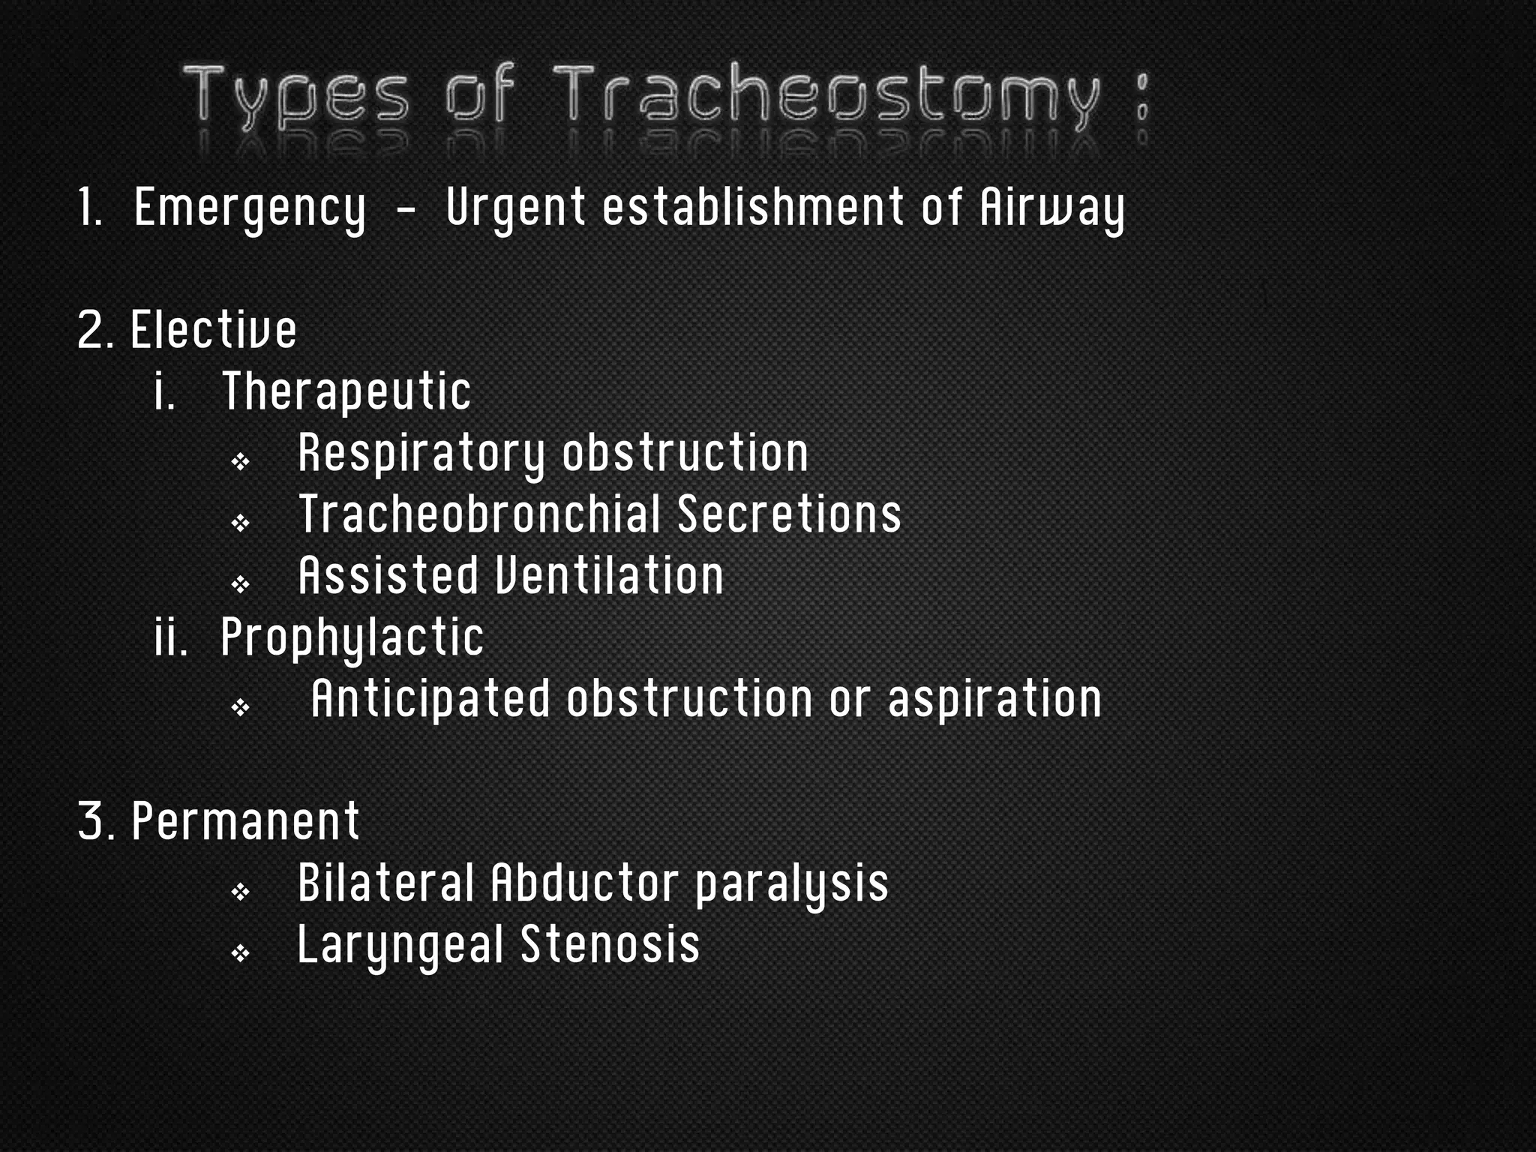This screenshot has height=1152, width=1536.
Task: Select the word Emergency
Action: pyautogui.click(x=250, y=208)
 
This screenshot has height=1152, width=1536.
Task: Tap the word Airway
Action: pyautogui.click(x=1052, y=208)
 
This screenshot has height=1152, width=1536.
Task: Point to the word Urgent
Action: pyautogui.click(x=515, y=208)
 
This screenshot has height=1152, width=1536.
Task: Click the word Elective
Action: pyautogui.click(x=214, y=330)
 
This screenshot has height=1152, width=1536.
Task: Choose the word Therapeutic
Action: pyautogui.click(x=346, y=391)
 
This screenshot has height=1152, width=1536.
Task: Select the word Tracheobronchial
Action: pyautogui.click(x=480, y=514)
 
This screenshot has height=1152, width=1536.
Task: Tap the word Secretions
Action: pyautogui.click(x=789, y=514)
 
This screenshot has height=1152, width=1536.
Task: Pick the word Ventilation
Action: pyautogui.click(x=608, y=576)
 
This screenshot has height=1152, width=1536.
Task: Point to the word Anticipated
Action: pyautogui.click(x=431, y=699)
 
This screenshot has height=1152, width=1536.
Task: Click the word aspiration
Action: pyautogui.click(x=994, y=699)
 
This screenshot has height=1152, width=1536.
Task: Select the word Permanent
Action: pyautogui.click(x=246, y=821)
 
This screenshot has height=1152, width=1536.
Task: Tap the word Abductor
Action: pyautogui.click(x=585, y=883)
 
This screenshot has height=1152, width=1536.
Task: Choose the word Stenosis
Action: pyautogui.click(x=610, y=944)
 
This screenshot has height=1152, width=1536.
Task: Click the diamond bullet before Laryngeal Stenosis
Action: pyautogui.click(x=240, y=953)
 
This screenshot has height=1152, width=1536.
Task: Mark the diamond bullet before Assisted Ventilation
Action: pyautogui.click(x=240, y=584)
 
